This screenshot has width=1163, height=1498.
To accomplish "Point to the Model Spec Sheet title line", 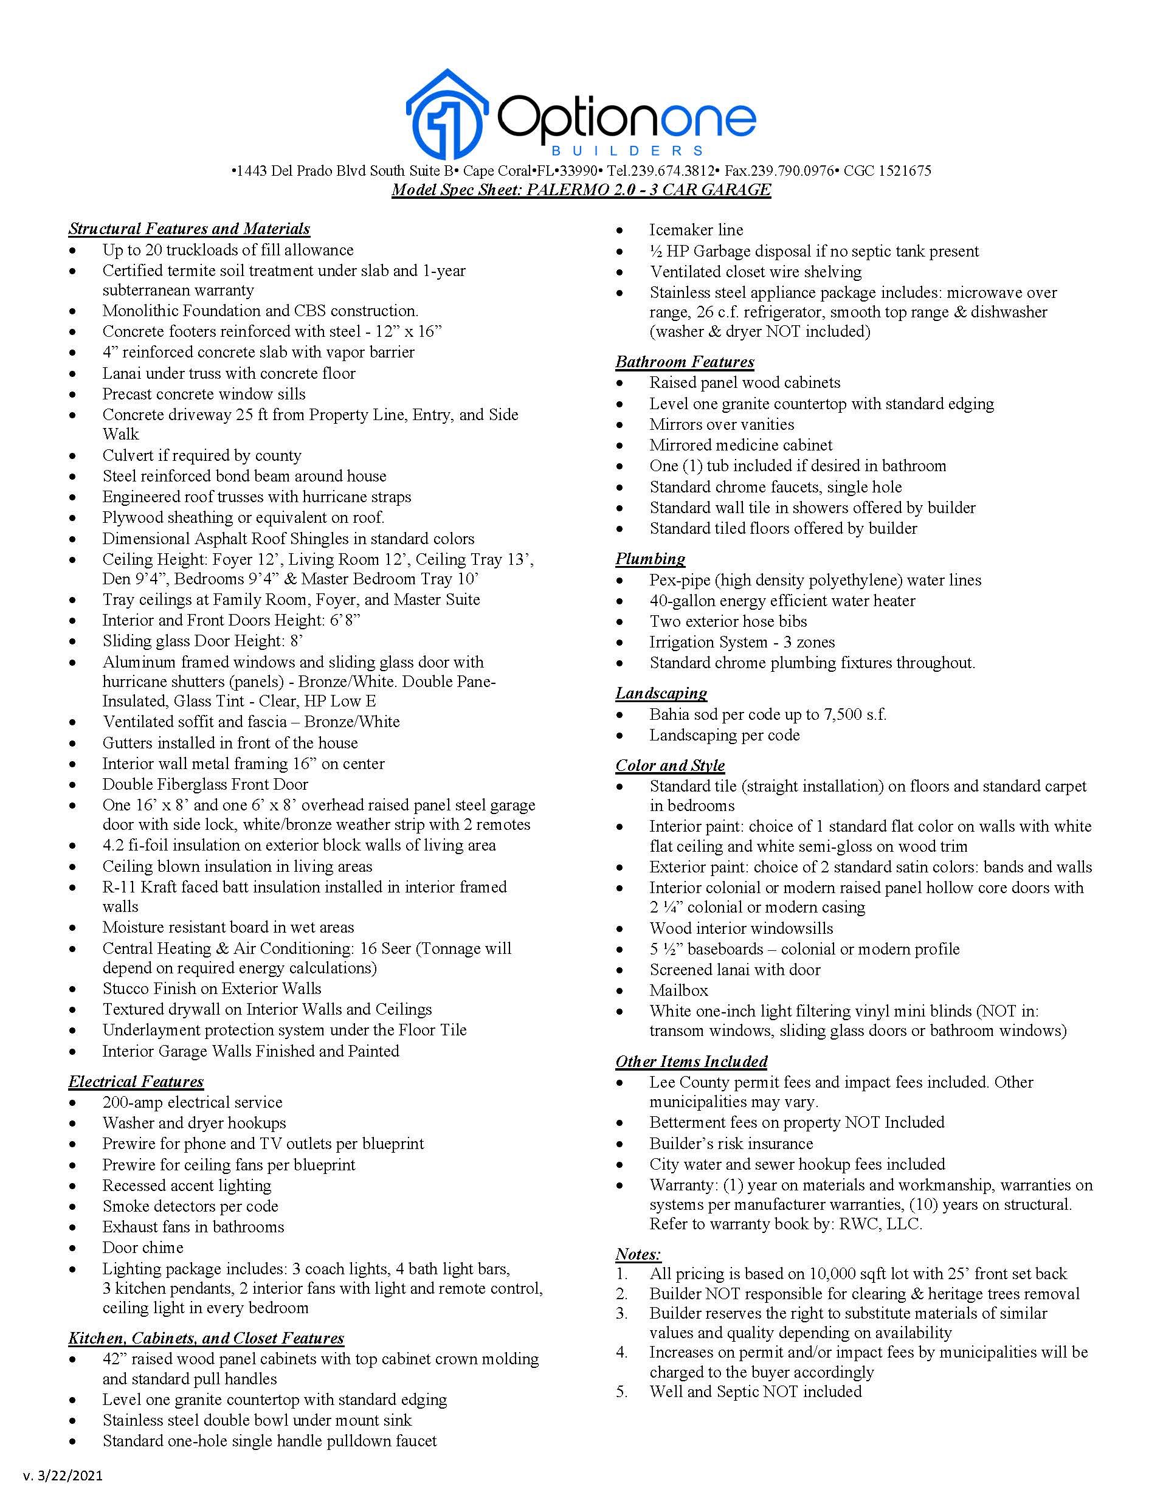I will [x=581, y=190].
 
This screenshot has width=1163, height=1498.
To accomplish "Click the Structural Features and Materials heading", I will [x=189, y=229].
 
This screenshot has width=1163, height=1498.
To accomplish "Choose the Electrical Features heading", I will [x=136, y=1082].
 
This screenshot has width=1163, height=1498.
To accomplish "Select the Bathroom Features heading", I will [x=685, y=362].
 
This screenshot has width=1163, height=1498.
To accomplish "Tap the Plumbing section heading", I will [x=650, y=559].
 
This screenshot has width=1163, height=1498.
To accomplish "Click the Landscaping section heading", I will [x=661, y=694].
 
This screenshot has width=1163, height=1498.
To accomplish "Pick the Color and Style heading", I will [x=670, y=765].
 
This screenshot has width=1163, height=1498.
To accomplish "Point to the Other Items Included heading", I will [x=691, y=1061].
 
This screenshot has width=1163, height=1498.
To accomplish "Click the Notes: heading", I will [x=638, y=1254].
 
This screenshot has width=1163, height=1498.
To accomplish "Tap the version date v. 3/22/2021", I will [x=63, y=1476].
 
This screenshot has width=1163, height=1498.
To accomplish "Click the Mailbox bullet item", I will [x=679, y=990].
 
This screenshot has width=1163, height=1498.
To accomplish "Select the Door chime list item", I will [x=143, y=1248].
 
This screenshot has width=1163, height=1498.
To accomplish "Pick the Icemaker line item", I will [x=696, y=230].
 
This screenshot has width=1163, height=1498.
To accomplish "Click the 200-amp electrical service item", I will [x=192, y=1102].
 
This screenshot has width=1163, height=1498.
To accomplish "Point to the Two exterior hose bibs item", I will [x=728, y=621].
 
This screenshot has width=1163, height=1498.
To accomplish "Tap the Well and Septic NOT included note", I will [x=756, y=1392].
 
